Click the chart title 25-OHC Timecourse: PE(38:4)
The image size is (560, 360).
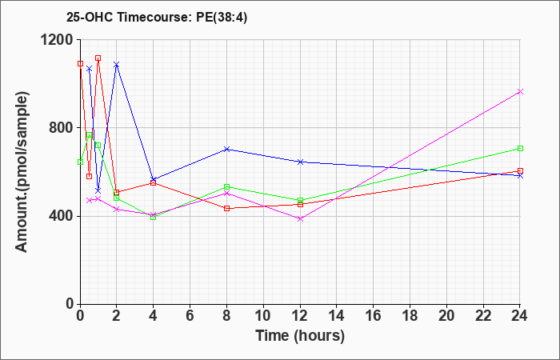[x=157, y=18]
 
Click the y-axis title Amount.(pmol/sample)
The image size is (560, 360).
[x=22, y=172]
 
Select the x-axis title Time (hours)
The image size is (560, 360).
[x=300, y=336]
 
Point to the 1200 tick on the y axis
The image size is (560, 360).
[x=58, y=40]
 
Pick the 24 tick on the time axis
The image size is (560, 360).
[x=520, y=316]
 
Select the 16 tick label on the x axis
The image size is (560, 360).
[x=374, y=316]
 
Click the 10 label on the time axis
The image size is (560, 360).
[x=263, y=316]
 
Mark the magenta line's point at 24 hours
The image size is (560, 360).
[x=520, y=92]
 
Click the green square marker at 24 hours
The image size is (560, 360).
[x=520, y=148]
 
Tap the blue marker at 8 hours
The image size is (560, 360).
[x=226, y=149]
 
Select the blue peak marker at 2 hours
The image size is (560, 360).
[x=117, y=65]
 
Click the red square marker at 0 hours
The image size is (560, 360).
[x=80, y=63]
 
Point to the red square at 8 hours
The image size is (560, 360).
[x=226, y=209]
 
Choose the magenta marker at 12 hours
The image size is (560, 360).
[x=300, y=219]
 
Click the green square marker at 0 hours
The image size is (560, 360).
[x=80, y=162]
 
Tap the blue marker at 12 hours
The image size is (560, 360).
[x=300, y=162]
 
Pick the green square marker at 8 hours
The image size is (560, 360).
[x=226, y=186]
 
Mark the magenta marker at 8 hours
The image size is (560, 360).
[x=226, y=194]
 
